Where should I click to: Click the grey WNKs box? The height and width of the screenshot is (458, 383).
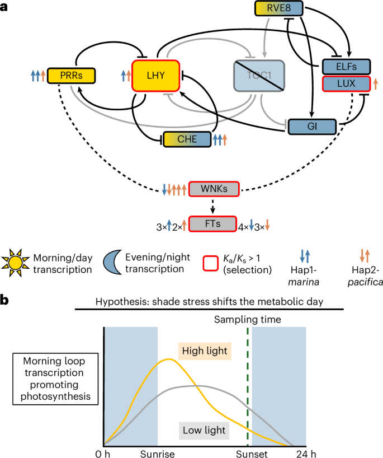click(x=214, y=189)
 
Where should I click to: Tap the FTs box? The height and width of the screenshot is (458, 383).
click(x=214, y=225)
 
